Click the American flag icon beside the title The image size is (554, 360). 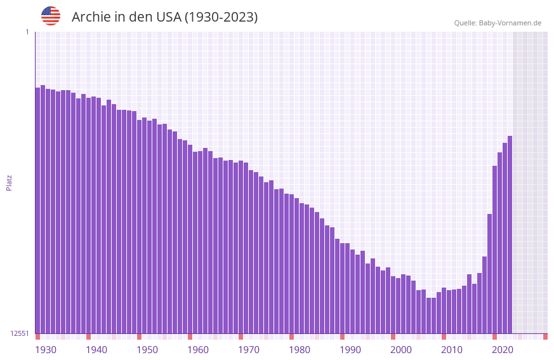tap(51, 16)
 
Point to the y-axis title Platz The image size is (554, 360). tap(9, 182)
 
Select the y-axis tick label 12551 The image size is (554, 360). tap(19, 333)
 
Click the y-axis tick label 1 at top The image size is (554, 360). tap(27, 32)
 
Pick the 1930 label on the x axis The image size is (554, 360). tap(46, 350)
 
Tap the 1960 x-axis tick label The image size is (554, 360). tap(198, 350)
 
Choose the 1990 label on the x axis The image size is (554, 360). tap(350, 350)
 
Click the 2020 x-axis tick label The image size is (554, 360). tap(503, 350)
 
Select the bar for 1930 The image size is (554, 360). tap(37, 210)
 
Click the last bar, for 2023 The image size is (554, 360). tap(510, 234)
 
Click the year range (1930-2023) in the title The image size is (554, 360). tap(221, 17)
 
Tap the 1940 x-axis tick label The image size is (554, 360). tap(96, 350)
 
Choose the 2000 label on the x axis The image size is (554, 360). tap(401, 350)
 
